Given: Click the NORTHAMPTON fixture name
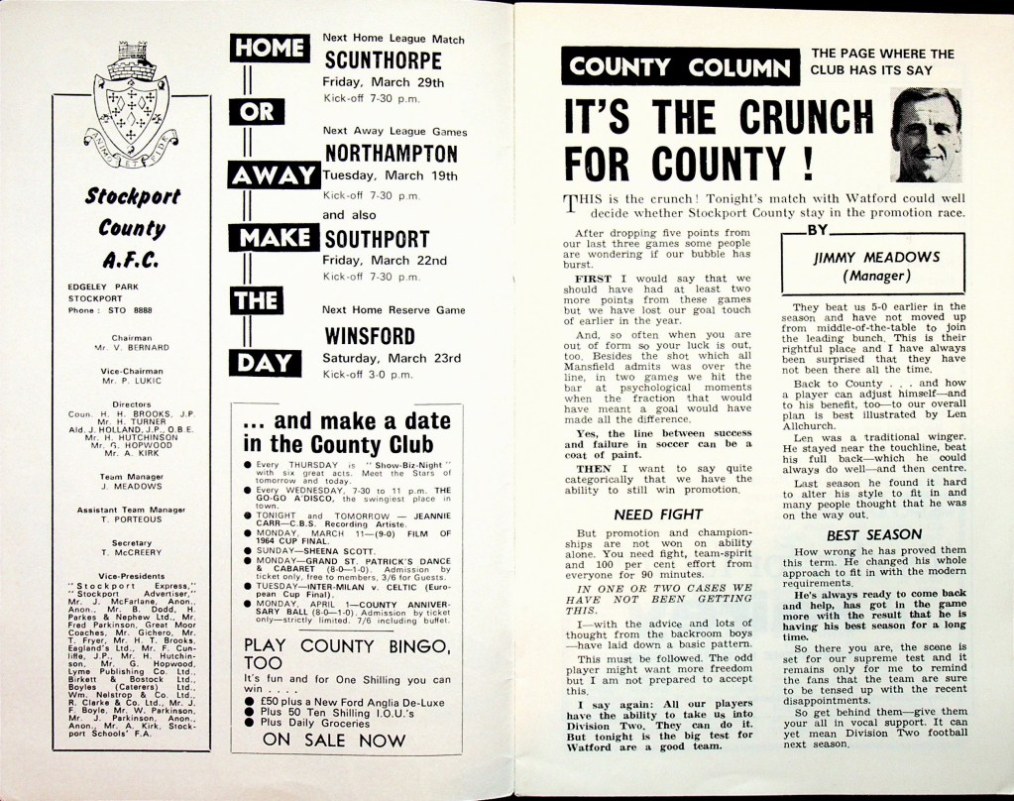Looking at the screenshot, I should tap(391, 154).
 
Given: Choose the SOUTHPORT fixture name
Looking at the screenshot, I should tap(377, 239).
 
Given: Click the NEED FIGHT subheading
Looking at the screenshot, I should tap(645, 515).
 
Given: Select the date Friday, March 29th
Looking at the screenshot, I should tap(384, 82).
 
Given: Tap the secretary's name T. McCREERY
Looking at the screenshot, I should tap(132, 553).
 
